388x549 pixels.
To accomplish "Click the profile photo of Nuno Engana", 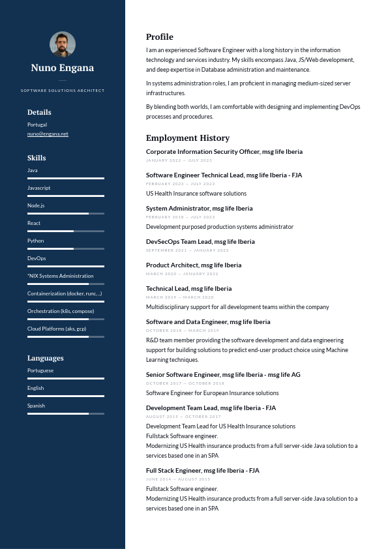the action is tap(63, 44).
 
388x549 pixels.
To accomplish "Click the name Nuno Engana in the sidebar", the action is tap(63, 68).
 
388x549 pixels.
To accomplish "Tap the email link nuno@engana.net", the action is tap(48, 134).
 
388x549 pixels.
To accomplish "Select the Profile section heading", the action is tap(160, 37).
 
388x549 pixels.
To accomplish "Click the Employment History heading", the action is tap(188, 138).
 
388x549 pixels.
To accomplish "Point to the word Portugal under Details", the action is tap(37, 125).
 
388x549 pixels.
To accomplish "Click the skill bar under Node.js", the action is tap(65, 213).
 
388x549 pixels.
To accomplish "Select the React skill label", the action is tap(34, 223).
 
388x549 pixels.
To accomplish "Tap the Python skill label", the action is tap(36, 241).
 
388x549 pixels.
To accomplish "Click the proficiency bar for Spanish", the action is tap(65, 413).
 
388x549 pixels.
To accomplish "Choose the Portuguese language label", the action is tap(40, 370).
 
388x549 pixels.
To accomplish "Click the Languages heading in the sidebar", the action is tap(46, 358).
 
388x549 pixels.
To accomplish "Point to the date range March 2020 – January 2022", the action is tap(182, 274).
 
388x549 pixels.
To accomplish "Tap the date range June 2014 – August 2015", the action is tap(178, 479).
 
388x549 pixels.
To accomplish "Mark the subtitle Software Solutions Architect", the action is tap(63, 91).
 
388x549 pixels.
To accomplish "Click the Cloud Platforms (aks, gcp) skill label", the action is tap(57, 329).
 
